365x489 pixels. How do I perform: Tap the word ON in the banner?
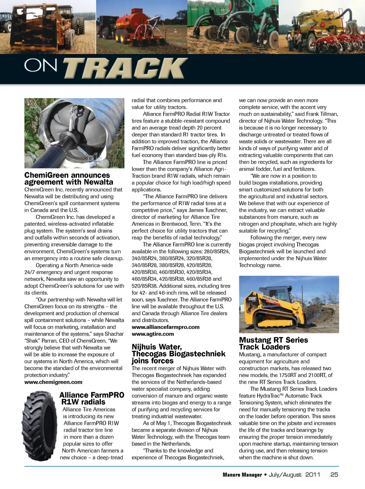point(41,65)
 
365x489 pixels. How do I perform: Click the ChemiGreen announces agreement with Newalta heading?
point(68,178)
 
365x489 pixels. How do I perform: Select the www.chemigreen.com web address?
point(53,382)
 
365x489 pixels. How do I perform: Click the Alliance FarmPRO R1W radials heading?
point(92,398)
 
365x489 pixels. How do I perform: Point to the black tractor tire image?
point(40,426)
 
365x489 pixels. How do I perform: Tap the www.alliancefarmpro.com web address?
point(165,327)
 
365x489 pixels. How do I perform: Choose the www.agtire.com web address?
point(153,334)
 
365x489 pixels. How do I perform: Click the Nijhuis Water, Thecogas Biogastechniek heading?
point(178,354)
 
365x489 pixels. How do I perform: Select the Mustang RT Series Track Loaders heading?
point(273,343)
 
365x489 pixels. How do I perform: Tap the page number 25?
point(334,475)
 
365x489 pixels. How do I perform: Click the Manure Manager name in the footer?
point(242,475)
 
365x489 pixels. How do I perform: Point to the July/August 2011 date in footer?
point(294,475)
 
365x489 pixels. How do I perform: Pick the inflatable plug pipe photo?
point(74,133)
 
